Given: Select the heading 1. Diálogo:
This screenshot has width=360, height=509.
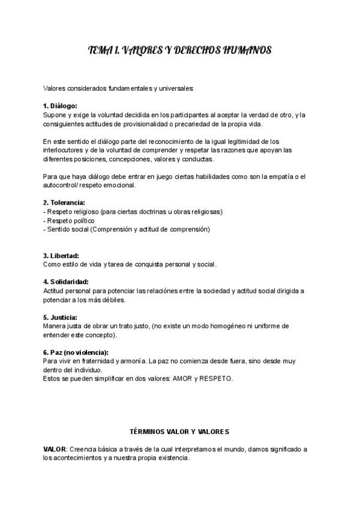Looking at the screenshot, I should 60,106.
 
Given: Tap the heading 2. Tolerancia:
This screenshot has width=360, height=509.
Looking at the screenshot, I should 64,202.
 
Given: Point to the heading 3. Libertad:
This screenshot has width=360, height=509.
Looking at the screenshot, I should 61,255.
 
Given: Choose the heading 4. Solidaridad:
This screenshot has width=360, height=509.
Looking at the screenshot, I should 66,282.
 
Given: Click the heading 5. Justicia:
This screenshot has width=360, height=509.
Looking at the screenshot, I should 60,317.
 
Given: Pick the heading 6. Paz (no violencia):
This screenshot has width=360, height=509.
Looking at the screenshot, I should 80,352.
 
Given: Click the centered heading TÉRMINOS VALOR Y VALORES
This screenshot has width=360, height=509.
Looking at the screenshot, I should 179,432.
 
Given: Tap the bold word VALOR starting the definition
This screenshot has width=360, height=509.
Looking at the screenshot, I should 55,449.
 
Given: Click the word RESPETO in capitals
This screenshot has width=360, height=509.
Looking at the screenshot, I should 219,379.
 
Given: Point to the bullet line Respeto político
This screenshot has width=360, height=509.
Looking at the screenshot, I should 69,220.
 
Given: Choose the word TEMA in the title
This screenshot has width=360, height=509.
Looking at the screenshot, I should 100,51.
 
